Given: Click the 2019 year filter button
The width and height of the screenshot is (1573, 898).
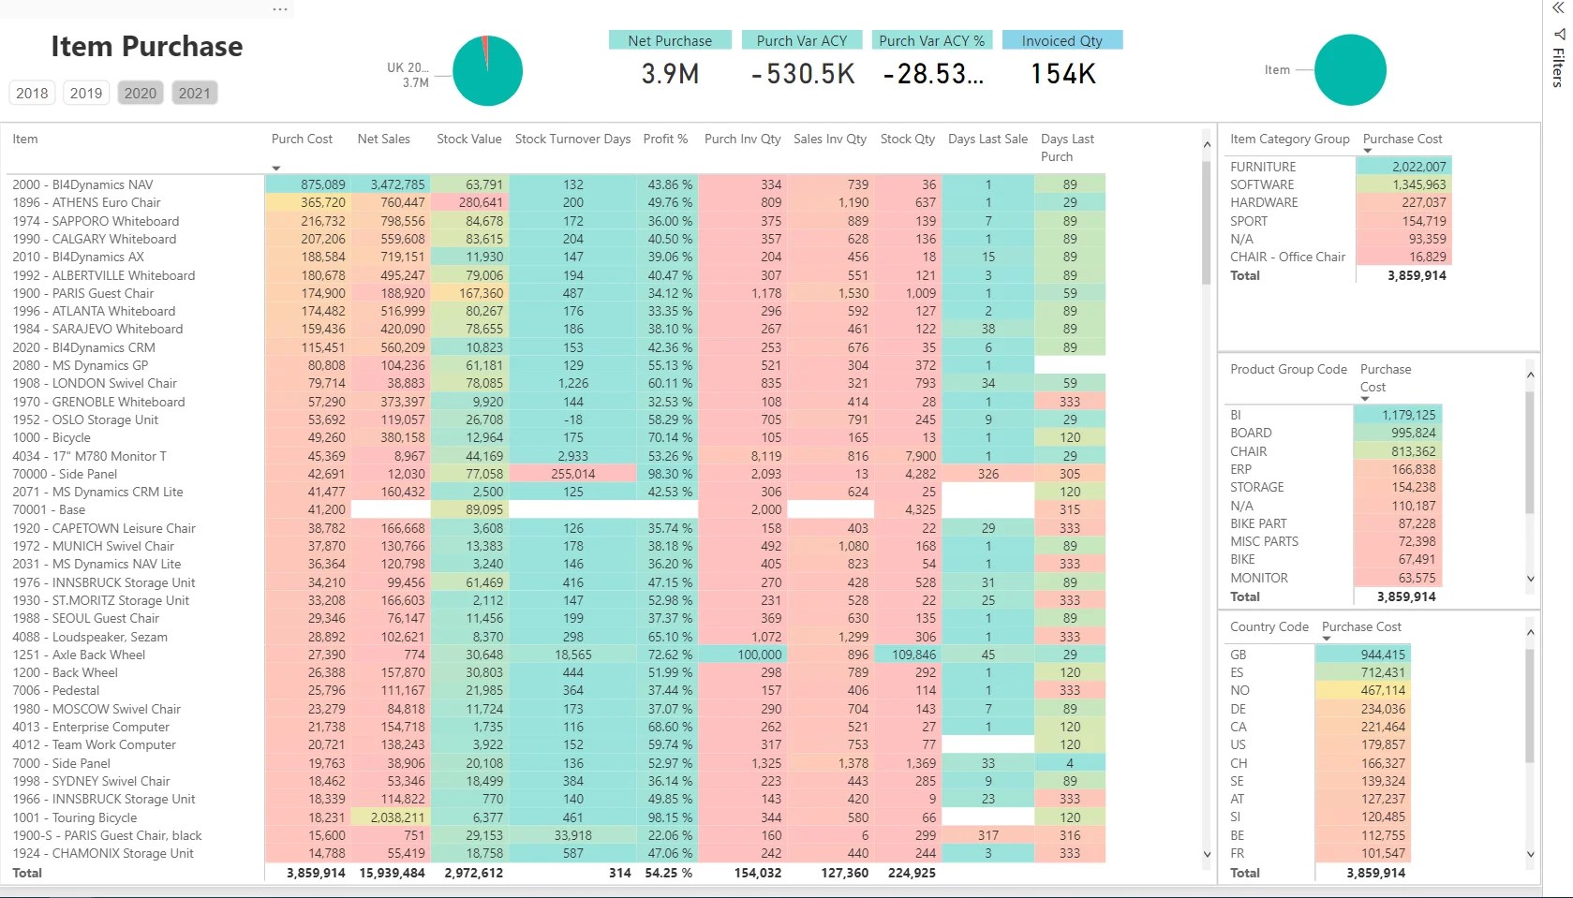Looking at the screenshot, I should click(x=85, y=93).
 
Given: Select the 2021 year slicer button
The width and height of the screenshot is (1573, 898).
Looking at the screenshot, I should click(x=194, y=93).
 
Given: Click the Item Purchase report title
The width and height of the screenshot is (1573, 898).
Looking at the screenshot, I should click(x=146, y=46).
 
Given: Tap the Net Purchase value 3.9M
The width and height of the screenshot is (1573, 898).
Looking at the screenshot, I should click(x=670, y=74).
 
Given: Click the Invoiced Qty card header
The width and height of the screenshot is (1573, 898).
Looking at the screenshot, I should click(x=1061, y=40).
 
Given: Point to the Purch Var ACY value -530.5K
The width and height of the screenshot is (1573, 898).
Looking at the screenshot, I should click(x=803, y=74).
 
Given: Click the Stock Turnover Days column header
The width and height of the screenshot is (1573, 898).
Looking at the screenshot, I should click(x=572, y=139).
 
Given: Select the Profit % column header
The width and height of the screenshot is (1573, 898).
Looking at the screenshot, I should click(x=665, y=139).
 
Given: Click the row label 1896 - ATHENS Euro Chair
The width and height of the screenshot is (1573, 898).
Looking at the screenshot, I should click(x=86, y=202).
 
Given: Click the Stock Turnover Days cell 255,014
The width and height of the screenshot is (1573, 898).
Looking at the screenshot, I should click(x=572, y=474).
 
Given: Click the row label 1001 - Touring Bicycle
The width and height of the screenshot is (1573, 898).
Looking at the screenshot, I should click(x=75, y=817).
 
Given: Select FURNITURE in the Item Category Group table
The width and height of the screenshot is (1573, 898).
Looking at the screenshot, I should click(x=1263, y=167).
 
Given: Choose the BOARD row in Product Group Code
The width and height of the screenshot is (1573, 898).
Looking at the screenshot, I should click(x=1251, y=433).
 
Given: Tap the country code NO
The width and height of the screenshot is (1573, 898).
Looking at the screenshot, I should click(x=1239, y=690).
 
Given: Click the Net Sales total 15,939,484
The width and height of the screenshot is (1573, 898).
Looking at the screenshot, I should click(x=392, y=873).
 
